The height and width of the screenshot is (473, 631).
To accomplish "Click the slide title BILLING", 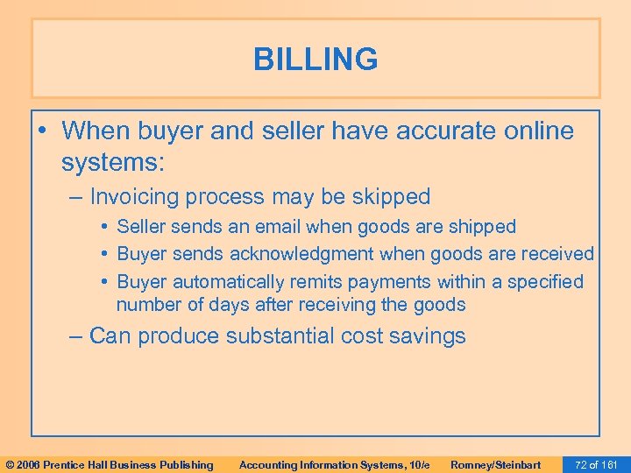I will pos(315,60).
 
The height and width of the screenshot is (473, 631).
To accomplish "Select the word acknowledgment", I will pos(291,254).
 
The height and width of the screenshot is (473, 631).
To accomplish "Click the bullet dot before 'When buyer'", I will pos(44,131).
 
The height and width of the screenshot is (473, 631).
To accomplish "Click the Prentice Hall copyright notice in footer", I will pos(109,464).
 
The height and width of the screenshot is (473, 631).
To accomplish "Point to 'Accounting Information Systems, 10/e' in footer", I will pos(334,464).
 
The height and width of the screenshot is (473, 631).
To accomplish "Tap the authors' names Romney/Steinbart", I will pos(495,464).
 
